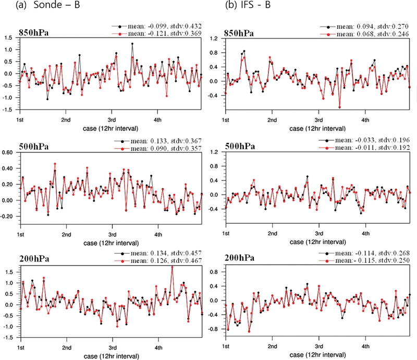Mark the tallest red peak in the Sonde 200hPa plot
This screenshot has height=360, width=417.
pyautogui.click(x=172, y=267)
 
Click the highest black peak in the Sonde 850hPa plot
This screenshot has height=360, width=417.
pyautogui.click(x=132, y=44)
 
